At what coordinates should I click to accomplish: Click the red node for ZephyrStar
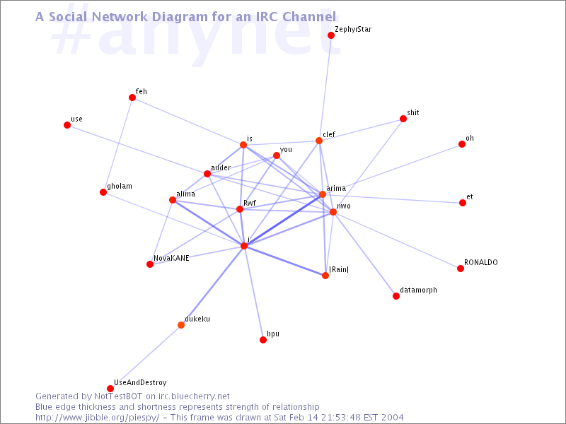coord(331,35)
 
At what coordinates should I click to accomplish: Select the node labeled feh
coord(132,98)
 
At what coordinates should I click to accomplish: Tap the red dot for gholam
coord(103,192)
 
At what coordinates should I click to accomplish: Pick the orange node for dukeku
coord(181,325)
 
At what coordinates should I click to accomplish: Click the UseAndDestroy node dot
coord(110,389)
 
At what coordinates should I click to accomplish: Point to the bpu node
coord(263,340)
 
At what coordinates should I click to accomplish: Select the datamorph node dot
coord(396,296)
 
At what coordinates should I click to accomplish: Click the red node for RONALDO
coord(461,269)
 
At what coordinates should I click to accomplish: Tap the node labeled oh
coord(462,144)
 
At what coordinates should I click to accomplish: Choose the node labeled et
coord(463,203)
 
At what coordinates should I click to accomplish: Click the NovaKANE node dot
coord(150,264)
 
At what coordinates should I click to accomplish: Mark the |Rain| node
coord(325,276)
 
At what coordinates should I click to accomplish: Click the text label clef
coord(329,134)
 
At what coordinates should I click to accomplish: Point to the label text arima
coord(336,188)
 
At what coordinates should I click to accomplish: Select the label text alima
coord(186,194)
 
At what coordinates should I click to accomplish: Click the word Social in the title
coord(69,16)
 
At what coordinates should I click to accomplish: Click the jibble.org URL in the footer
coord(97,418)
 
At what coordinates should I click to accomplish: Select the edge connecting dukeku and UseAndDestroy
coord(146,357)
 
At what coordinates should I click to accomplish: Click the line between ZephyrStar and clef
coord(325,88)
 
